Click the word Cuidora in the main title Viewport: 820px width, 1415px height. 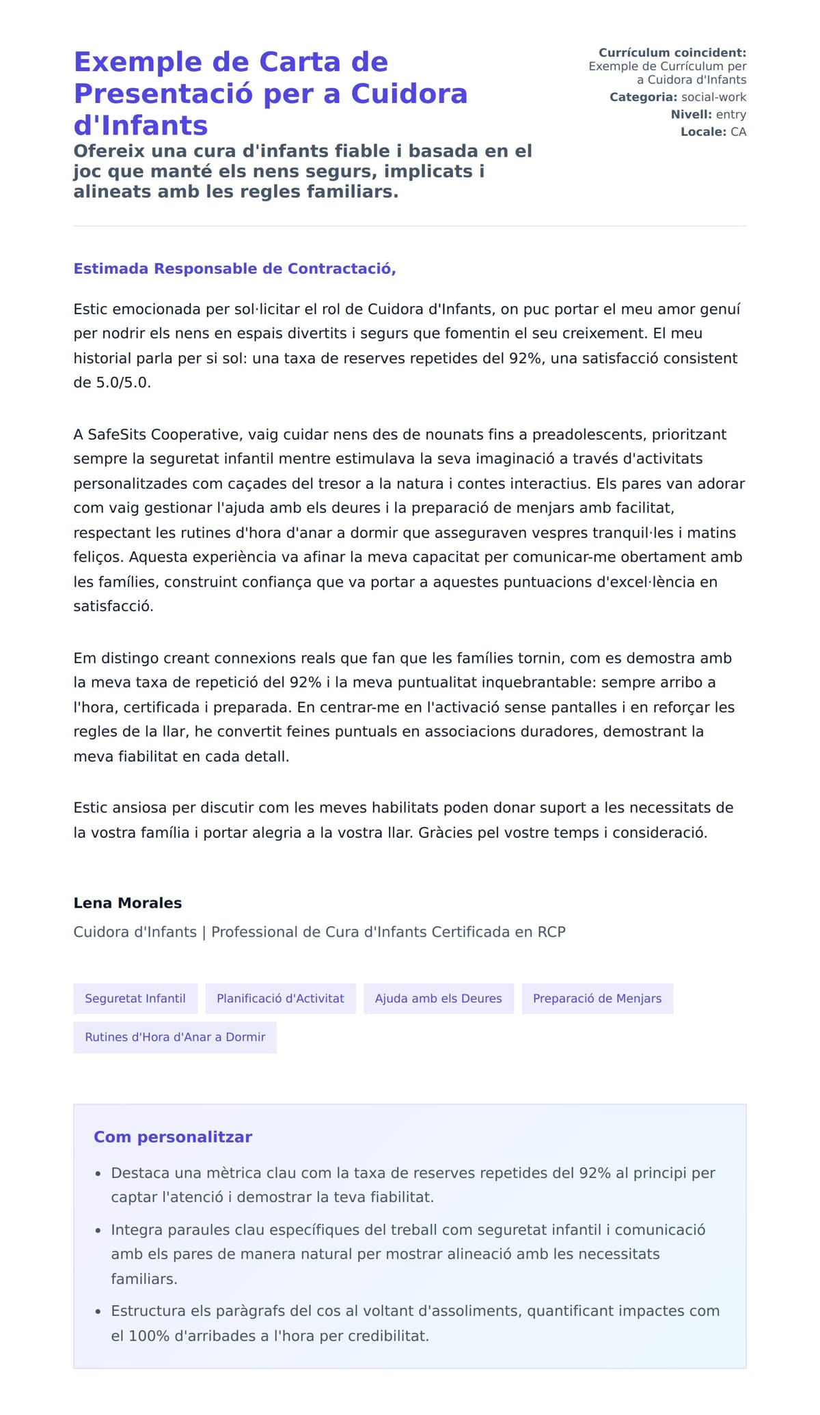409,94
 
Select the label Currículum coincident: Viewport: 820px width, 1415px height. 672,53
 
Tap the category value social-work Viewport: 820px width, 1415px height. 713,97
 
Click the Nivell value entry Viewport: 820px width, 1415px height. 730,114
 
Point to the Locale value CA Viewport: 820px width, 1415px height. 738,131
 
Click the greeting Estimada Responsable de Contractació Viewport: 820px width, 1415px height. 234,268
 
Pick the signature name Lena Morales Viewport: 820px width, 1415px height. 127,903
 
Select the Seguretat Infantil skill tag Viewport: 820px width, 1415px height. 135,998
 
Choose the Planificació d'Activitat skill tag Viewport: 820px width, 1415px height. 280,998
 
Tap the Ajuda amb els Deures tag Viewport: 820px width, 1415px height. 438,998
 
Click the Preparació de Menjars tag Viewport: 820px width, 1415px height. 597,998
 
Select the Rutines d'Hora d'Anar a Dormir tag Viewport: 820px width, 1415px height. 175,1037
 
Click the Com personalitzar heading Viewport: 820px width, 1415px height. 173,1137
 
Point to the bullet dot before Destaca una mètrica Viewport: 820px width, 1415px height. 98,1174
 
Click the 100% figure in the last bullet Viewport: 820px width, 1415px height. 149,1336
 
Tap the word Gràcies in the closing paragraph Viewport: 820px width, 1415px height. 445,832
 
